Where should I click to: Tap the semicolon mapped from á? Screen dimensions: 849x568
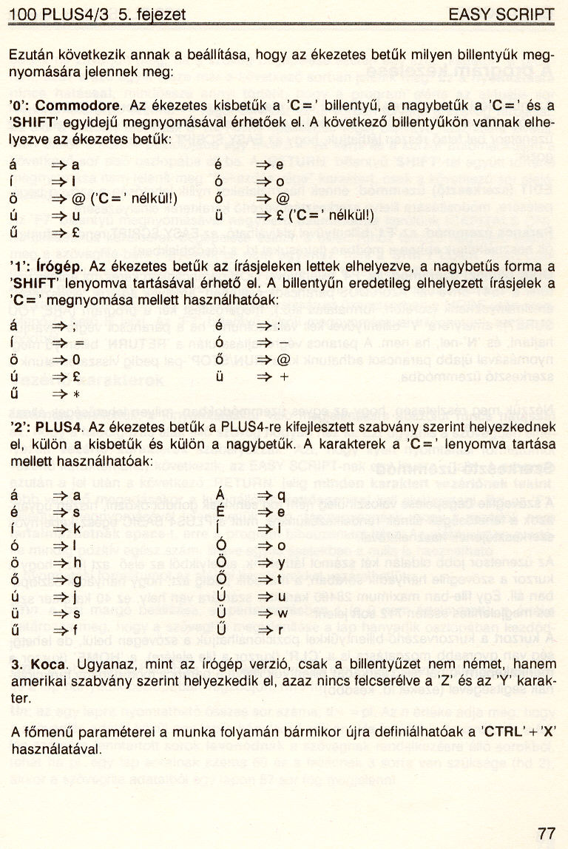(75, 325)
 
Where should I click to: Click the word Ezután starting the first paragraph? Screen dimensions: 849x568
(29, 56)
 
